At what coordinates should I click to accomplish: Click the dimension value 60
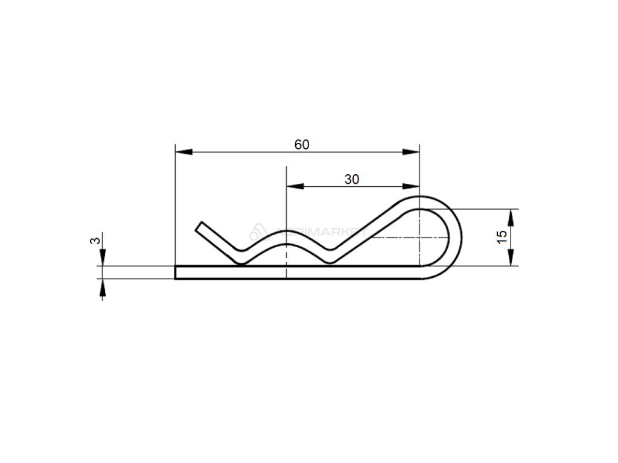click(302, 145)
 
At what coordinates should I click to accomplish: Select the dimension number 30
click(352, 179)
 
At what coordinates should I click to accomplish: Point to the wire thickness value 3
click(94, 241)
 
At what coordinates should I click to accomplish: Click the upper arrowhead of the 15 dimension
click(511, 216)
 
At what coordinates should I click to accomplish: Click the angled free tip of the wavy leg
click(200, 227)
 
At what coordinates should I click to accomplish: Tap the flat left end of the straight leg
click(176, 272)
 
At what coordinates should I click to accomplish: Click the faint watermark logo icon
click(256, 230)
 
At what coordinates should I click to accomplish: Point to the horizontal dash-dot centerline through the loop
click(392, 238)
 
